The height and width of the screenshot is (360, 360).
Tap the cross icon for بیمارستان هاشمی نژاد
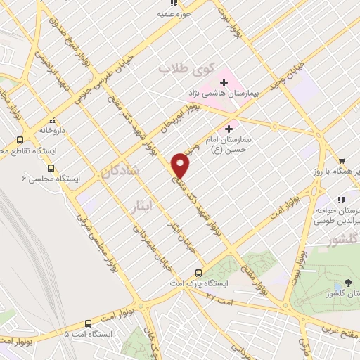(223, 82)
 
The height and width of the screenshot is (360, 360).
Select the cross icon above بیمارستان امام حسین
(229, 129)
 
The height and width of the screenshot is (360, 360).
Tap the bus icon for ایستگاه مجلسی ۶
(51, 168)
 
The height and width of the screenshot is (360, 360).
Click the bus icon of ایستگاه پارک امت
(198, 272)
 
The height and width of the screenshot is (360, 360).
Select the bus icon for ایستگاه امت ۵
(87, 324)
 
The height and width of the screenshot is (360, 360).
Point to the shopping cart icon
(341, 161)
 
